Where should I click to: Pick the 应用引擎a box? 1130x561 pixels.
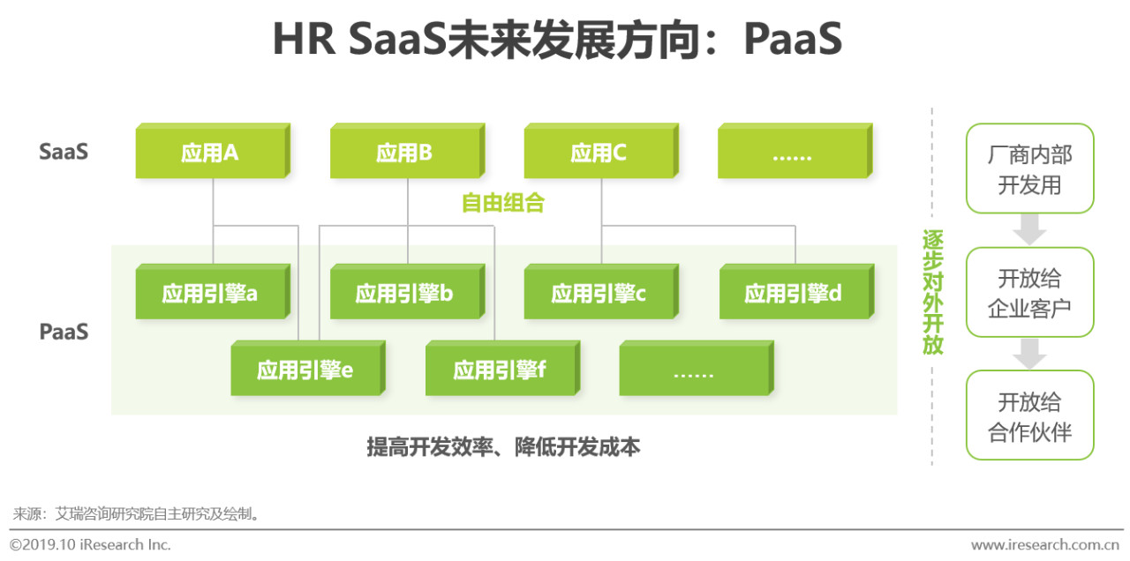(210, 294)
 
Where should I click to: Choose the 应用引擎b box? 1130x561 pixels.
(404, 294)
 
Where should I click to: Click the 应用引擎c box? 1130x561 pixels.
(599, 294)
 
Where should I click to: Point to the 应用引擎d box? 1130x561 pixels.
(793, 294)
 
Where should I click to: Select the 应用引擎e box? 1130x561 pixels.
(305, 370)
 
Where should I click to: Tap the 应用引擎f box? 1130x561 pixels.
(500, 370)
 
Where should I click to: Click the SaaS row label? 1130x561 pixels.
(64, 152)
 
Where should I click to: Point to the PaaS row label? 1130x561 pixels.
(64, 333)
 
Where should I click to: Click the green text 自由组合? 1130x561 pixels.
(502, 204)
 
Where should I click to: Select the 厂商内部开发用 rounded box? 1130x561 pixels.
(1029, 169)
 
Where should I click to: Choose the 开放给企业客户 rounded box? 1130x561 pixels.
(1029, 293)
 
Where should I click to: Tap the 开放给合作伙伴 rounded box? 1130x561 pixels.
(1029, 416)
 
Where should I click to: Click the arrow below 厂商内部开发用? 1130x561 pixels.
(1029, 230)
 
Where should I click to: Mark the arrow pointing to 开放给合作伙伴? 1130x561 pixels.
(1029, 354)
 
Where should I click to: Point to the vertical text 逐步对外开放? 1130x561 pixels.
(932, 292)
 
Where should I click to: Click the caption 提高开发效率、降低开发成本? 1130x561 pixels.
(503, 447)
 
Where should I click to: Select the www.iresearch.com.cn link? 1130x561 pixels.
(1045, 544)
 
